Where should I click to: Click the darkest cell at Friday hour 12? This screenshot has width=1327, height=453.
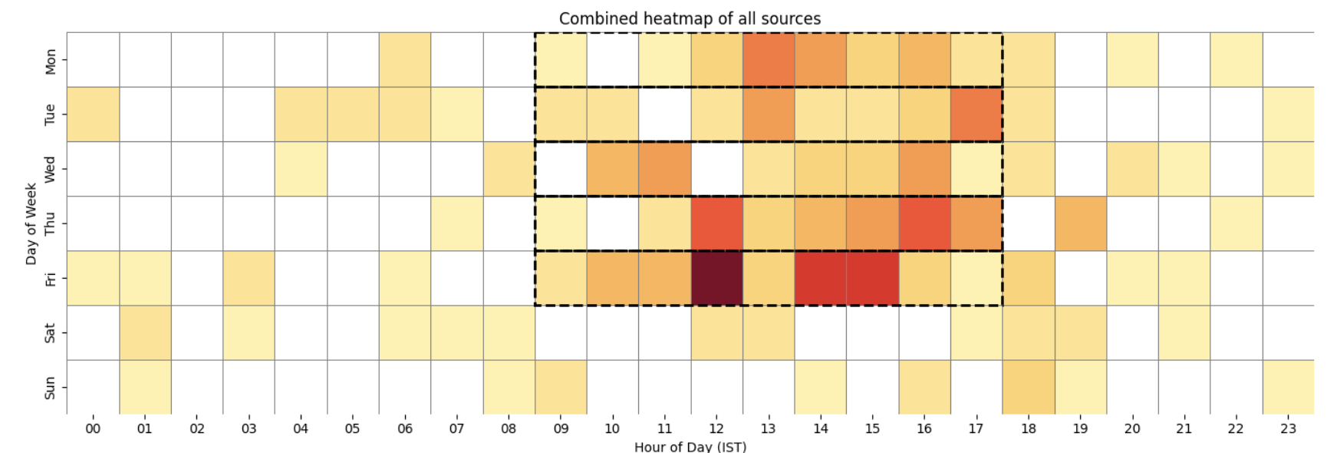tap(716, 278)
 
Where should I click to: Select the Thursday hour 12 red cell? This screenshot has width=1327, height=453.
tap(716, 223)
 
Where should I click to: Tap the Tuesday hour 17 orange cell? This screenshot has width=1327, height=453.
tap(976, 114)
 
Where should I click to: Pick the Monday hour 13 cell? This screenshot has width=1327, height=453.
tap(769, 59)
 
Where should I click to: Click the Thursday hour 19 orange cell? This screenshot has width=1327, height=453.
tap(1080, 223)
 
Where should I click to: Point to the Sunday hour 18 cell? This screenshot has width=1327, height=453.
tap(1028, 387)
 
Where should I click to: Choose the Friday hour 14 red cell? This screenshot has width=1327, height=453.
tap(821, 278)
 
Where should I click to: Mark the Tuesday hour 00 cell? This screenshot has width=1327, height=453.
tap(93, 114)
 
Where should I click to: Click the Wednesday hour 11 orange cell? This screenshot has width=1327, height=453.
tap(664, 169)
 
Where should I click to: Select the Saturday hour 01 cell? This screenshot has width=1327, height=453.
tap(145, 332)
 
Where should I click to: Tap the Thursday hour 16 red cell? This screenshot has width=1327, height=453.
tap(924, 223)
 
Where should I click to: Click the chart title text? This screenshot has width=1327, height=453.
tap(690, 18)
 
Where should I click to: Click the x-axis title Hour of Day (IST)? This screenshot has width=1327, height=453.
tap(690, 446)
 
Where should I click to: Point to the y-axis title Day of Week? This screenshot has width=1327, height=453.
tap(31, 223)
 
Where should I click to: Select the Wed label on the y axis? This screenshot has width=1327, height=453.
tap(50, 169)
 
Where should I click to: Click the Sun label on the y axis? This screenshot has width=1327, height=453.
tap(50, 387)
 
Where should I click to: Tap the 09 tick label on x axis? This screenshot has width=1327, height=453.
tap(561, 428)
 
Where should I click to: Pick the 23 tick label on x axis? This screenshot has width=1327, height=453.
tap(1288, 428)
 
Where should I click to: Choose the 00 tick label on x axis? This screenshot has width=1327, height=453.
tap(93, 428)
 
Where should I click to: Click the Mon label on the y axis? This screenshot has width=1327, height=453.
tap(50, 61)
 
